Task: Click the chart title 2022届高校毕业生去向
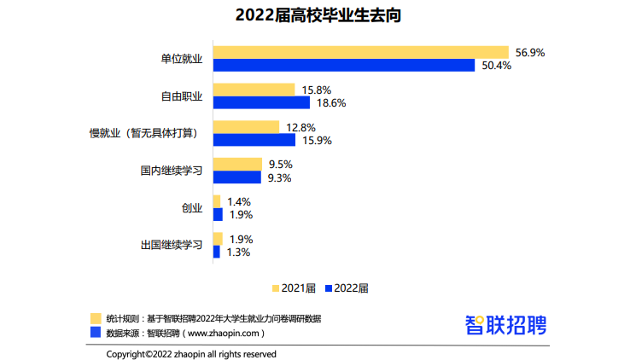coord(318,15)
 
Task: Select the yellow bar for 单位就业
coord(360,52)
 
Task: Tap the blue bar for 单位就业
coord(343,66)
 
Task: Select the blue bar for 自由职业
coord(261,102)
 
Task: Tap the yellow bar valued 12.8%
coord(246,127)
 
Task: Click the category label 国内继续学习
coord(171,171)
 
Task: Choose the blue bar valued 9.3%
coord(237,177)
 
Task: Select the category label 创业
coord(191,208)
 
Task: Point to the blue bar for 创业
coord(218,215)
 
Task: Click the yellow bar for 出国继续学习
coord(218,239)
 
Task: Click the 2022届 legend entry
coord(346,287)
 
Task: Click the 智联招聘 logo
coord(505,324)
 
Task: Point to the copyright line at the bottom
coord(191,353)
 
